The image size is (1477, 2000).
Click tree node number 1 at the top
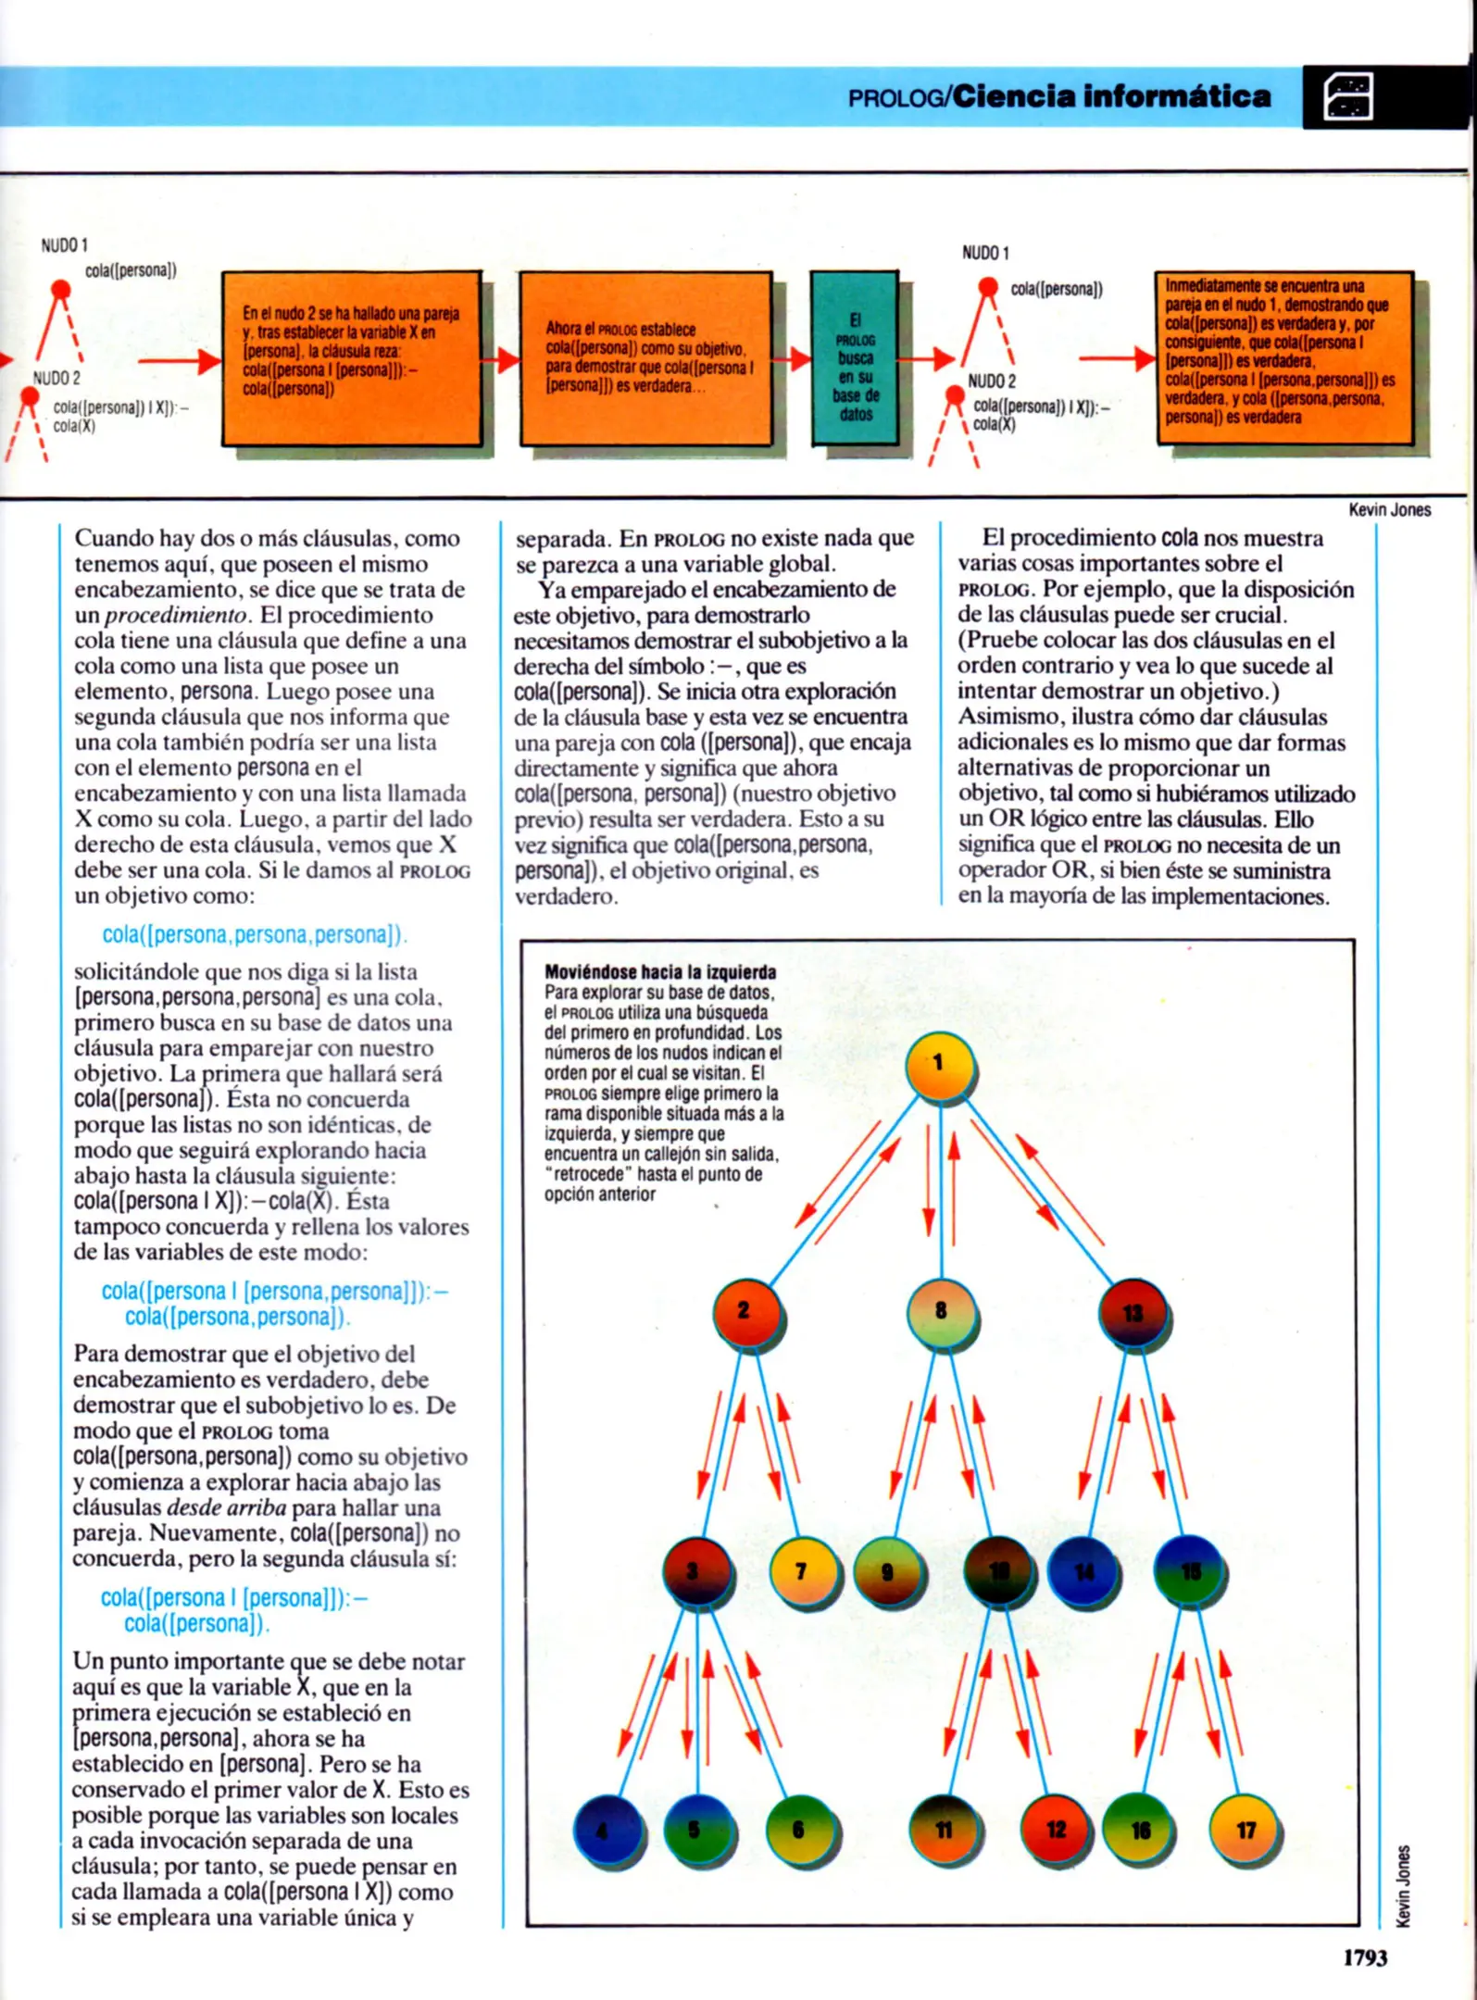(x=939, y=1065)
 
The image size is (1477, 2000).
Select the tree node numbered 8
(x=941, y=1311)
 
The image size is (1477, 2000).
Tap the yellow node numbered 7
(x=802, y=1570)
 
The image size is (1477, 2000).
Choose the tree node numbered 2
(x=745, y=1312)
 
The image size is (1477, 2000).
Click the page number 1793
(x=1364, y=1957)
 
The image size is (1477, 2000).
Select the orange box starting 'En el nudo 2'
(x=351, y=357)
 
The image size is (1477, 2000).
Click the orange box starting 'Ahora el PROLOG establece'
(x=645, y=357)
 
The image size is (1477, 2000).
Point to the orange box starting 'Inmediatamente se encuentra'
(x=1283, y=356)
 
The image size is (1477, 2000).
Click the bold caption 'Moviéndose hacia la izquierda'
(x=660, y=971)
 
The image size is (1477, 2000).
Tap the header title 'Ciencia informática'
(x=1111, y=96)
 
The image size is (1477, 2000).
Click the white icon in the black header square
(x=1348, y=97)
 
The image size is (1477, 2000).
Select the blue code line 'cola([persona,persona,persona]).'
(x=254, y=934)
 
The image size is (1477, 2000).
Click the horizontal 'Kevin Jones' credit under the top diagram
(x=1389, y=509)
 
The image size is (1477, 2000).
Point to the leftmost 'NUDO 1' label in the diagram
(x=64, y=245)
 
